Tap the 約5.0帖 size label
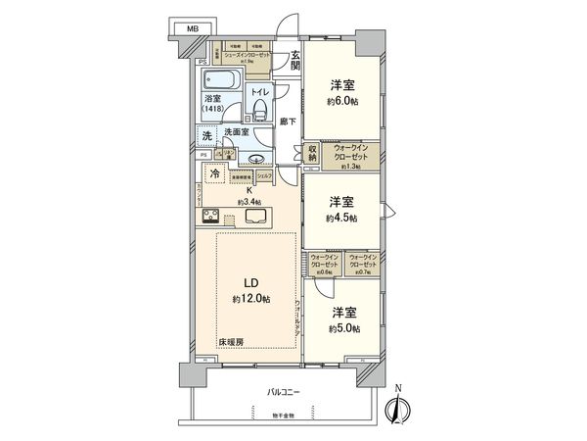click(343, 328)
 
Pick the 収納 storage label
click(311, 155)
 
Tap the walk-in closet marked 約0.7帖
click(362, 264)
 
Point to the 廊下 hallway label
click(285, 122)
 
